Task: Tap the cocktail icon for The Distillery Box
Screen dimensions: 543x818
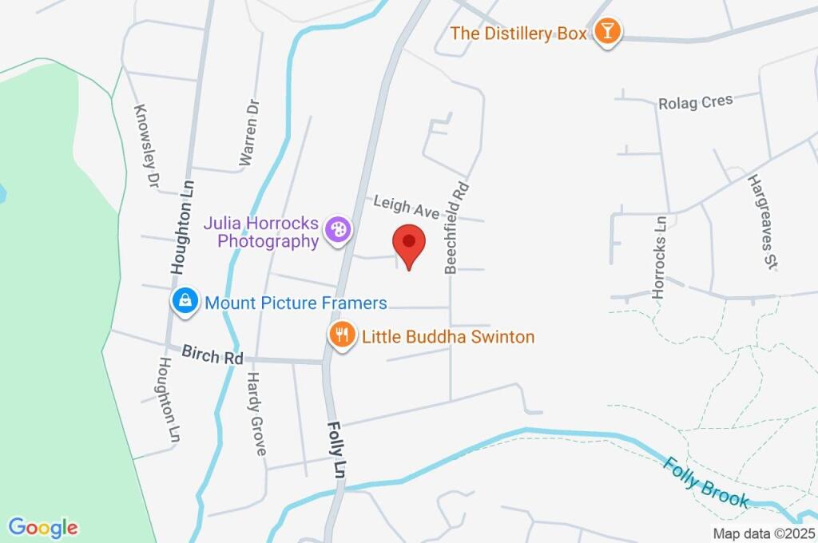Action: click(x=608, y=32)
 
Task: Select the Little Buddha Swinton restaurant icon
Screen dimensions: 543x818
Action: click(x=343, y=335)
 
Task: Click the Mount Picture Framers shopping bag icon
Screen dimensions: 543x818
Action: click(x=185, y=301)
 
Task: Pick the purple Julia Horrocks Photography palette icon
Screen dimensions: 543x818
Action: click(x=340, y=230)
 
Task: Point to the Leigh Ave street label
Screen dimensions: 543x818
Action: click(x=407, y=208)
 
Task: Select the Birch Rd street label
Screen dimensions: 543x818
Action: click(x=212, y=355)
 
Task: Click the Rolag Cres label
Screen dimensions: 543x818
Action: click(x=695, y=102)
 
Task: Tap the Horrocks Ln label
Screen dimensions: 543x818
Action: click(x=660, y=257)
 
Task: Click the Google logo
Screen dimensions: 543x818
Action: click(x=43, y=528)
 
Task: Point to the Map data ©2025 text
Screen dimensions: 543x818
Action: click(x=763, y=533)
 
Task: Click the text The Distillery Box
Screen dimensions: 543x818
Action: click(x=518, y=34)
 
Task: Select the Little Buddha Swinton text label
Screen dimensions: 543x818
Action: click(x=448, y=337)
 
